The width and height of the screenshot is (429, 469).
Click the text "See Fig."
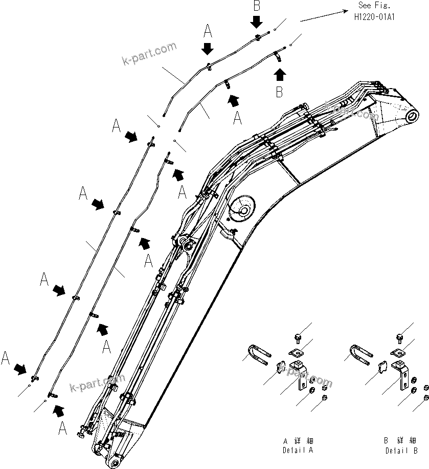coord(375,6)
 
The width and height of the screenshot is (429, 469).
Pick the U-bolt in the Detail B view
coord(360,353)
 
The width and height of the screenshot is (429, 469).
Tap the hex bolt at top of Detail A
coord(298,337)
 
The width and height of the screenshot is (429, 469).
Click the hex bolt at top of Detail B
coord(399,337)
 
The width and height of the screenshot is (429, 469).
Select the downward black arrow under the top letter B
coord(257,22)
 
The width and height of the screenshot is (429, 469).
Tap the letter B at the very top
coord(257,6)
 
